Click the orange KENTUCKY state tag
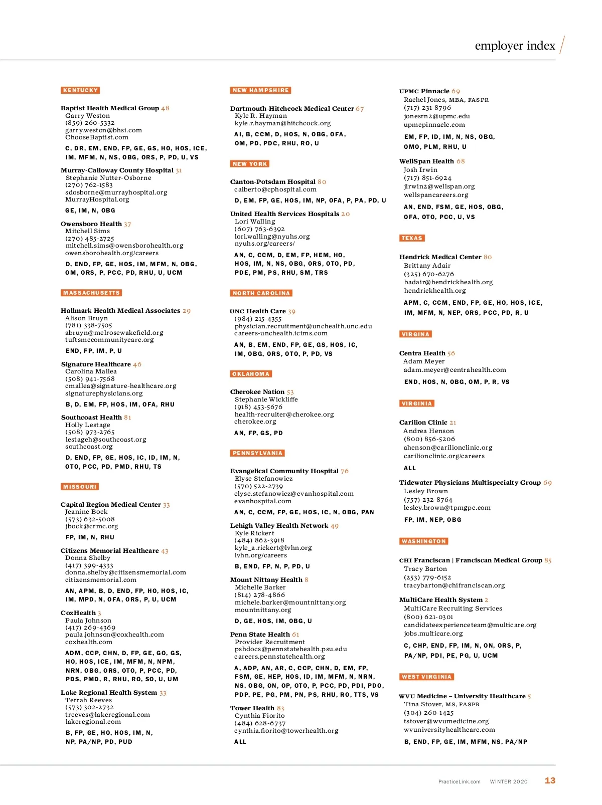tap(80, 90)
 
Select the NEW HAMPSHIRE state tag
tap(261, 90)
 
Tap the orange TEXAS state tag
tap(412, 238)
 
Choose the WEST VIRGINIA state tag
tap(426, 677)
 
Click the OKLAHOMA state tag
tap(251, 374)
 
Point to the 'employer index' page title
tap(515, 46)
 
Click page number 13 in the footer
tap(550, 780)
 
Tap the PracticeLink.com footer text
tap(459, 781)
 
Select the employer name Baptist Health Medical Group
tap(110, 108)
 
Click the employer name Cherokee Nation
tap(257, 392)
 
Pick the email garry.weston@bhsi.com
tap(103, 130)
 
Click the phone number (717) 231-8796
tap(427, 108)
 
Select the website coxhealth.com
tap(89, 642)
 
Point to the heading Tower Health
tap(252, 708)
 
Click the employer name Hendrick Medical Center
tap(440, 257)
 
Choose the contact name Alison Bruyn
tap(86, 318)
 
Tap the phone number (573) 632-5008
tap(90, 519)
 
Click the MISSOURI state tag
tap(80, 487)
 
